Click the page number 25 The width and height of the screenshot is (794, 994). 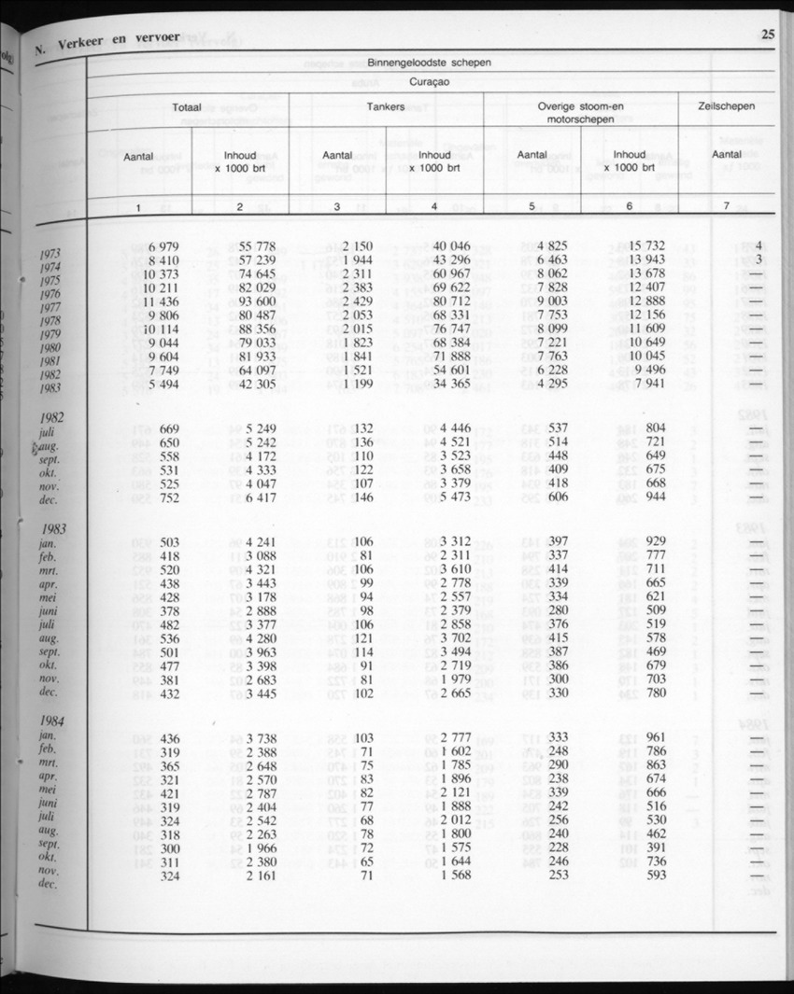pyautogui.click(x=768, y=36)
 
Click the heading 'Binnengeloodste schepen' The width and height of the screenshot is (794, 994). pyautogui.click(x=430, y=63)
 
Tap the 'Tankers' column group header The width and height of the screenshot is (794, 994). pyautogui.click(x=386, y=107)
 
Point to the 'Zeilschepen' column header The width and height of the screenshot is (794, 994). pyautogui.click(x=727, y=107)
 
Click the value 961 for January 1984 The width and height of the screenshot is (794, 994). pyautogui.click(x=654, y=738)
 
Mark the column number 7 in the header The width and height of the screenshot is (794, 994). pyautogui.click(x=726, y=207)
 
